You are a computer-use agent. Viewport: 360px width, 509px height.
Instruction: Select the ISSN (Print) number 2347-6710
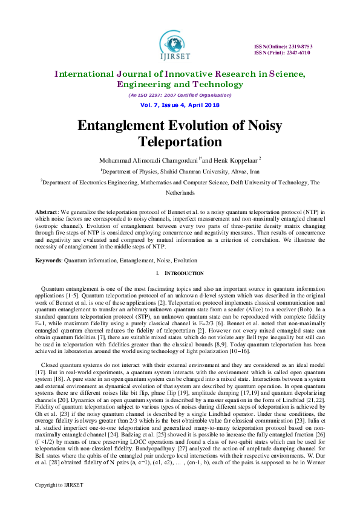click(x=296, y=53)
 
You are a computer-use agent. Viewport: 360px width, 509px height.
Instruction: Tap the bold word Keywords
click(x=49, y=261)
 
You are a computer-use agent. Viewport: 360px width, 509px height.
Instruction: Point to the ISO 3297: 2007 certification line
click(x=180, y=95)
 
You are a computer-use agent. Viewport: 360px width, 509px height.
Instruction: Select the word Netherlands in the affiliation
click(x=180, y=192)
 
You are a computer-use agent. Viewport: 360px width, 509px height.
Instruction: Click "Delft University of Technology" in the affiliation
click(x=270, y=181)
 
